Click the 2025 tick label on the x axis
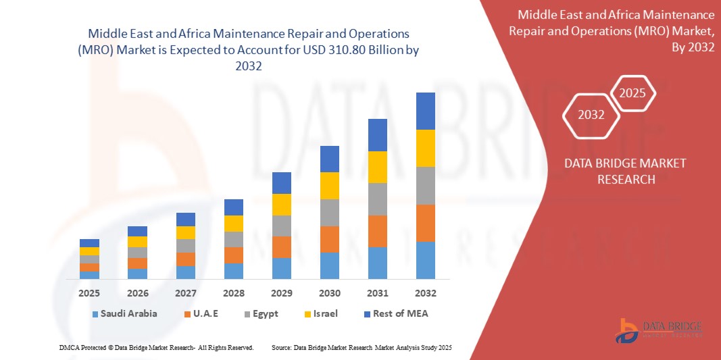pos(89,293)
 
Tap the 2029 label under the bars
pos(282,293)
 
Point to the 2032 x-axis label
pos(426,293)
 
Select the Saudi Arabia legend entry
pos(125,313)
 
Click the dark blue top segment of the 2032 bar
pos(426,111)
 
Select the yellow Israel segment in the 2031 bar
pos(378,167)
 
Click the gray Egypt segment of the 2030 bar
pos(330,212)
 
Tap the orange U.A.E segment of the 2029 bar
pos(282,247)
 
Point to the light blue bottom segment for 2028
pos(234,271)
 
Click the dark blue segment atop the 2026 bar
pos(137,231)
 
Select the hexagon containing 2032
pos(591,115)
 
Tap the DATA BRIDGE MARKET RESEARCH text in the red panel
pos(616,171)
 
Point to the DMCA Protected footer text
pos(156,347)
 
